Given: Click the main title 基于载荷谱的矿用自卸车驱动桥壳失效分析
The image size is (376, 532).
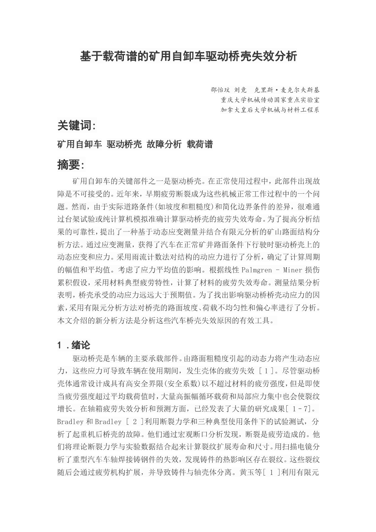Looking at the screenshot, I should click(188, 56).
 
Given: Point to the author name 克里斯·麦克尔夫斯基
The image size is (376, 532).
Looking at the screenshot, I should click(286, 90).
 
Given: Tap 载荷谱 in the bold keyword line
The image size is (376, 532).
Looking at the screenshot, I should click(200, 145).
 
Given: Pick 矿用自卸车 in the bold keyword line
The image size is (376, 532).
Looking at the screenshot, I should click(80, 145).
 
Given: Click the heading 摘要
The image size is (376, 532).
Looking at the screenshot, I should click(70, 165).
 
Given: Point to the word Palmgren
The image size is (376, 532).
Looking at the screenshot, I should click(257, 270).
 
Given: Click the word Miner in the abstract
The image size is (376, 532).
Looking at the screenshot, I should click(292, 270).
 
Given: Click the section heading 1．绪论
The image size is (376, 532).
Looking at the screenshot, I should click(74, 346).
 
